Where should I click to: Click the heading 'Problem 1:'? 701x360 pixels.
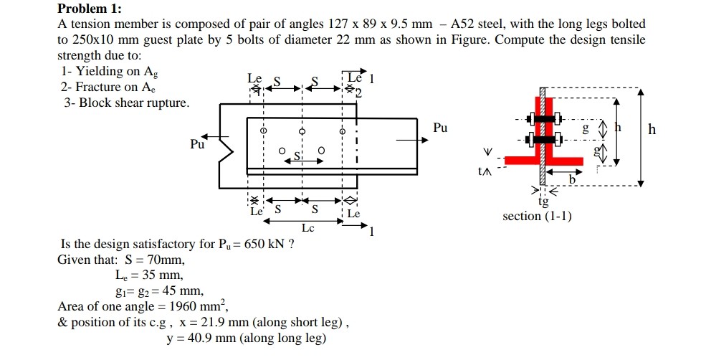[x=90, y=9]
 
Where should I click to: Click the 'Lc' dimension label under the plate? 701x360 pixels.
[x=307, y=227]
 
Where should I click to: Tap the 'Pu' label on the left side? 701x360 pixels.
[x=197, y=144]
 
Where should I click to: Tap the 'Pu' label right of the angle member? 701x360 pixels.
[x=440, y=128]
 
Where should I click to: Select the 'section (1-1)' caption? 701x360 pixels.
[x=537, y=216]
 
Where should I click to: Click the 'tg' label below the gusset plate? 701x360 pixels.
[x=544, y=202]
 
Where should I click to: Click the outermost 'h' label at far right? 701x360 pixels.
[x=651, y=129]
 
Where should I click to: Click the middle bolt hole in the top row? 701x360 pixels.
[x=302, y=132]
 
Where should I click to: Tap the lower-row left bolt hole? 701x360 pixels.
[x=282, y=151]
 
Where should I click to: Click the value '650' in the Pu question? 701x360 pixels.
[x=256, y=244]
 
